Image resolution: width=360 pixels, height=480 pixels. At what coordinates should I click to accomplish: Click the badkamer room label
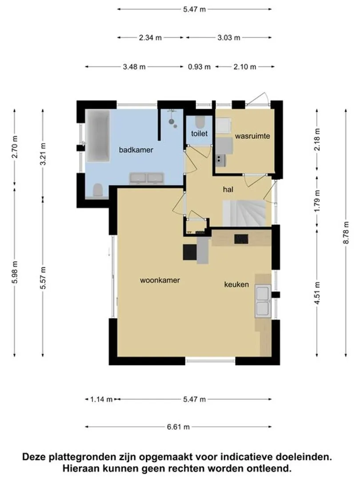coord(136,150)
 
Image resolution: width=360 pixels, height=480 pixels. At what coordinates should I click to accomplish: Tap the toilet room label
coord(199,133)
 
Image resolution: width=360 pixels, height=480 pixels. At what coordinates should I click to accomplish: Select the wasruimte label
coord(252,136)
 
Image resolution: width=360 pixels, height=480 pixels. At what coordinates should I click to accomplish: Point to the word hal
coord(228,189)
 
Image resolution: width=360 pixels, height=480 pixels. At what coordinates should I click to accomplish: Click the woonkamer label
coord(160,280)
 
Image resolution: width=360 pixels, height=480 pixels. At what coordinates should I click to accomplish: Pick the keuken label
coord(236,284)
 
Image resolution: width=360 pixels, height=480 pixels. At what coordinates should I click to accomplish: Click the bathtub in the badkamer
coord(98,136)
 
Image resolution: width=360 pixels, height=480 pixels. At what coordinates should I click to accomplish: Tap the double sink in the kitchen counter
coord(263,300)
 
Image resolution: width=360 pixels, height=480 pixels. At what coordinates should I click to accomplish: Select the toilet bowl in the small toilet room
coord(200,122)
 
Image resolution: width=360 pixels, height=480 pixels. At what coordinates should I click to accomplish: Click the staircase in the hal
coord(244,213)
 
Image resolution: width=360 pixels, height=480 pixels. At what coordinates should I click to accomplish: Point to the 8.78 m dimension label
coord(346,232)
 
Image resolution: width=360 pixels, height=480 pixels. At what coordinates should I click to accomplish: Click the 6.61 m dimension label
coord(178,427)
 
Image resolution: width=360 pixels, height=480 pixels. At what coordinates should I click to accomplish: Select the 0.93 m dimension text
coord(199,67)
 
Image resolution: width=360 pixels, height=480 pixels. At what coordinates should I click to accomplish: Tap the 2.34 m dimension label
coord(150,38)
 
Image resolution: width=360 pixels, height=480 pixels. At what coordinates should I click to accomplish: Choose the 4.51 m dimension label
coord(317,293)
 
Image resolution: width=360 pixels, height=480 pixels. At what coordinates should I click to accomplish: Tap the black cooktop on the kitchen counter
coord(241,239)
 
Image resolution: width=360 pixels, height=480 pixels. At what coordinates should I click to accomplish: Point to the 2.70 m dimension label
coord(14,147)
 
